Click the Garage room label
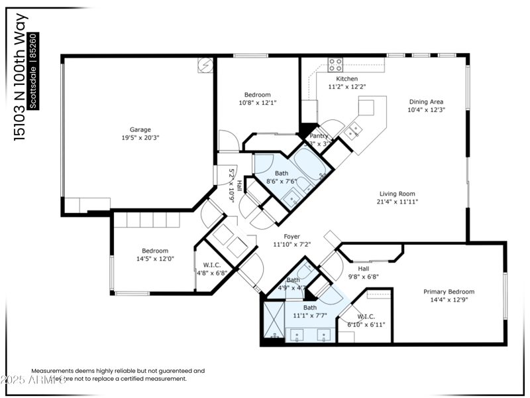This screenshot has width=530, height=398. [x=140, y=129]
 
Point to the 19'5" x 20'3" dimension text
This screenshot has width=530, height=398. [x=140, y=138]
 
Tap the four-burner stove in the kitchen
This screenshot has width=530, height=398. [x=336, y=64]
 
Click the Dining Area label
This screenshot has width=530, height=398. [x=425, y=101]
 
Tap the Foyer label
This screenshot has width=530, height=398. [x=291, y=236]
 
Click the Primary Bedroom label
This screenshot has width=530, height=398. [x=449, y=291]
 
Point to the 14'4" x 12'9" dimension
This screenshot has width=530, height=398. [x=449, y=300]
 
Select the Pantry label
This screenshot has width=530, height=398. [x=319, y=136]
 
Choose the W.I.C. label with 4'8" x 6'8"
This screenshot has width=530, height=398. [x=212, y=264]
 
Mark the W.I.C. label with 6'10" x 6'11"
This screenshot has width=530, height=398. [x=366, y=316]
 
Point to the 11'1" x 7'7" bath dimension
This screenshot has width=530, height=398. [x=310, y=316]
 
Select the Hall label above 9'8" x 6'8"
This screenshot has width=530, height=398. [x=363, y=269]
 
